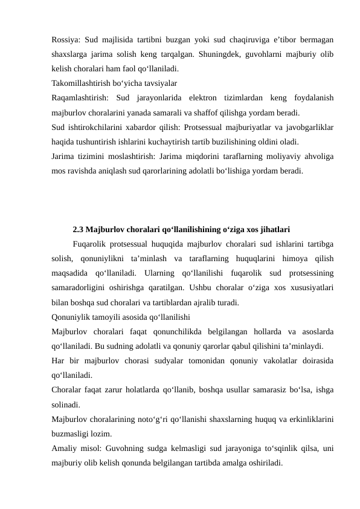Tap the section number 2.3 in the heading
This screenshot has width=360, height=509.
[78, 230]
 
